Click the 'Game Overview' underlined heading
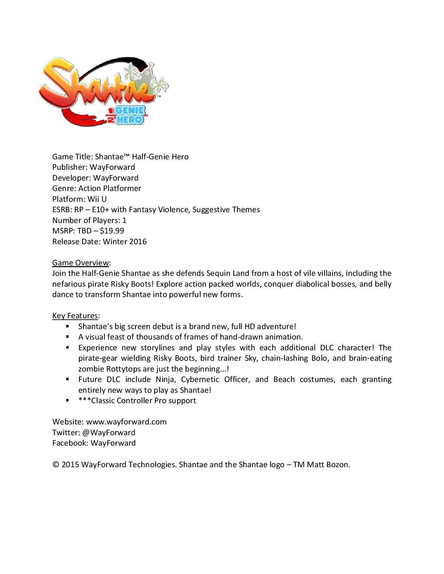pos(81,263)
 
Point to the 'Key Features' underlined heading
pos(75,316)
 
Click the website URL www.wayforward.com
pos(126,422)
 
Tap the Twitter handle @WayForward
pos(108,433)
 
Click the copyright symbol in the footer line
pos(56,465)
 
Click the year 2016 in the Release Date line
pos(138,242)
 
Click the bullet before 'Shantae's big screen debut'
pos(68,326)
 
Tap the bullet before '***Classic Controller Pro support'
pos(68,400)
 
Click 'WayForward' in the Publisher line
pos(112,167)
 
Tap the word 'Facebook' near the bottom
pos(69,443)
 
